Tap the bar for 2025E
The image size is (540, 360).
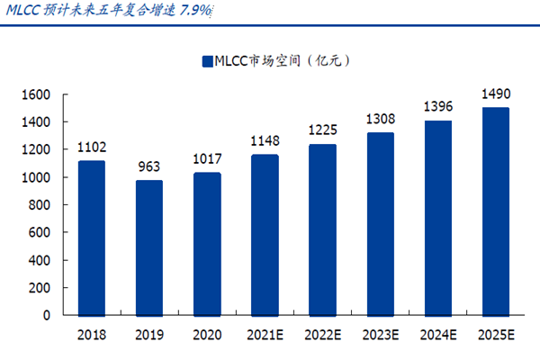(x=496, y=211)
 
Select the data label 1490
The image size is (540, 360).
(x=496, y=94)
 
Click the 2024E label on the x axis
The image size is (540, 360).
(x=438, y=337)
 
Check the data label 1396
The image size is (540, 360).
(x=438, y=107)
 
